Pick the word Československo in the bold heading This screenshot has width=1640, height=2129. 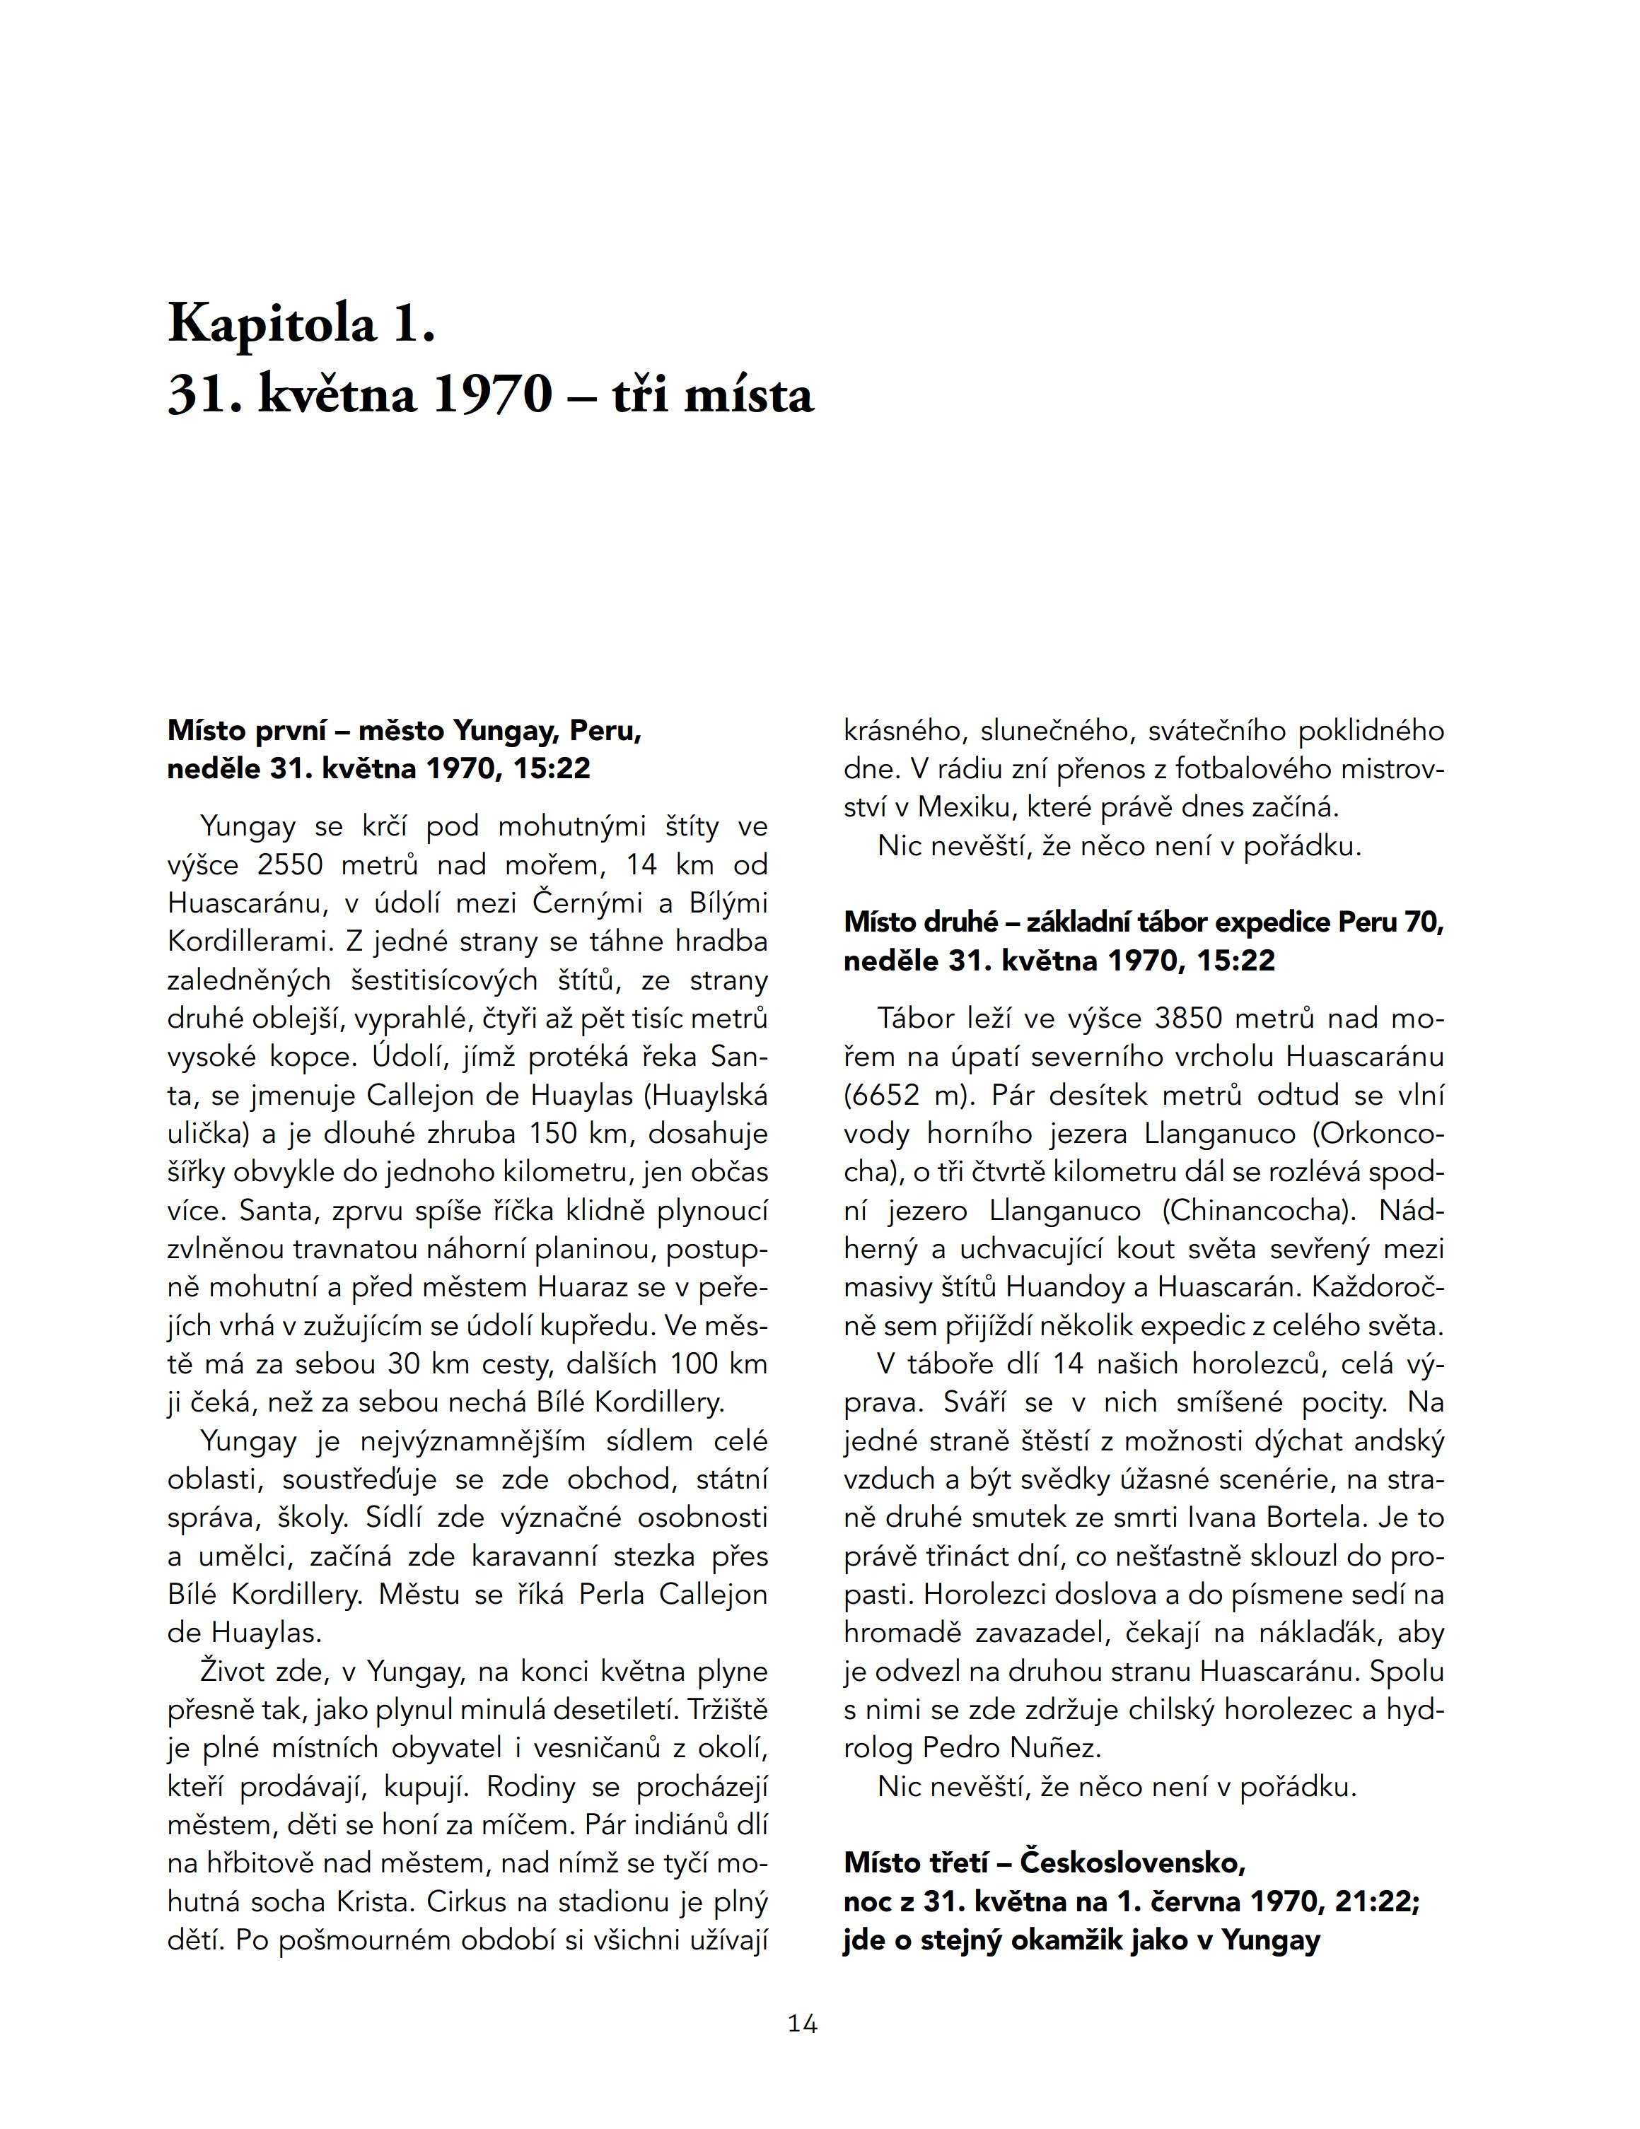coord(1132,1863)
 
